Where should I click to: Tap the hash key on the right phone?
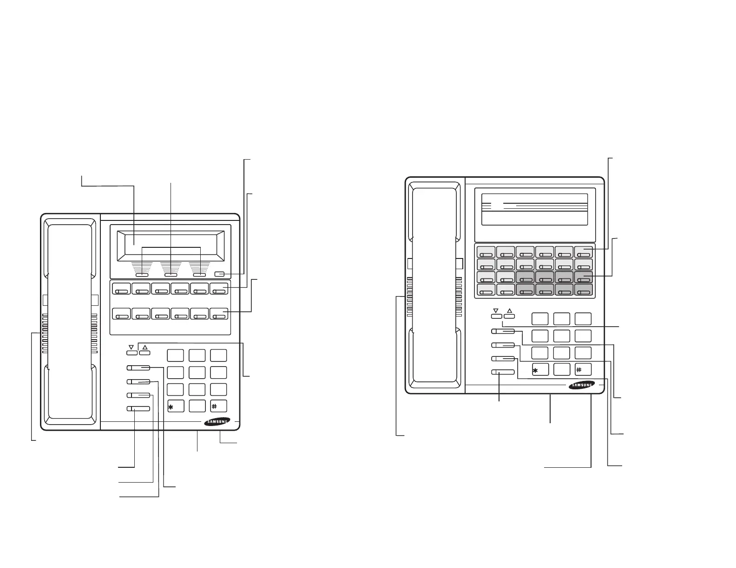(583, 370)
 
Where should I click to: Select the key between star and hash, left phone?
(197, 406)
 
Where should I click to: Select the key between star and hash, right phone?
(561, 370)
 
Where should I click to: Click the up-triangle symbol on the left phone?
(145, 347)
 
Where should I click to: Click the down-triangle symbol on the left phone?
(131, 347)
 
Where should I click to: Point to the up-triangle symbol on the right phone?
(510, 310)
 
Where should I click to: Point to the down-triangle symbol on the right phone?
(496, 310)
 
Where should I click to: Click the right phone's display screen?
(534, 209)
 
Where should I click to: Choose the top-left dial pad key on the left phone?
(175, 355)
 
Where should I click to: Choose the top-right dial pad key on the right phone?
(583, 319)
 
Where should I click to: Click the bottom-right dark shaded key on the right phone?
(583, 290)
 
